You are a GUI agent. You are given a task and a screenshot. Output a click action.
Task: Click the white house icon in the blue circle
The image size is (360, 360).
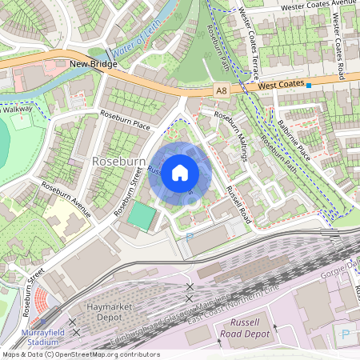tap(180, 172)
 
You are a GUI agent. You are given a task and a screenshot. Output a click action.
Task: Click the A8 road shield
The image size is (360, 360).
tap(222, 92)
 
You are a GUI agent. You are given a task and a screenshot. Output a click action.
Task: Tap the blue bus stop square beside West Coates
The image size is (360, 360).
tap(309, 84)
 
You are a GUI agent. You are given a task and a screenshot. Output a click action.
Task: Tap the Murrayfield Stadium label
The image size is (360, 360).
tap(32, 337)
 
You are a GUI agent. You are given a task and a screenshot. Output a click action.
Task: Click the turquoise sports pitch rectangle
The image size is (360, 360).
tap(141, 214)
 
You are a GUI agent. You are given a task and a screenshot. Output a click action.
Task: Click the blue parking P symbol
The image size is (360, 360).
tap(346, 333)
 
